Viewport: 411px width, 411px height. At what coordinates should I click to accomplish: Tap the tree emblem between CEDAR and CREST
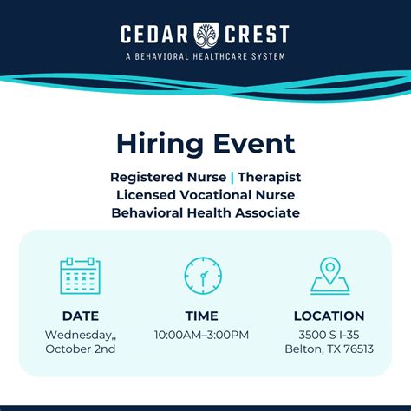coord(205,35)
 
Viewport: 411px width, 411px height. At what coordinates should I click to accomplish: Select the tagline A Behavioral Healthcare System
coord(205,56)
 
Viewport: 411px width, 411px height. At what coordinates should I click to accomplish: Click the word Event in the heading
coord(252,143)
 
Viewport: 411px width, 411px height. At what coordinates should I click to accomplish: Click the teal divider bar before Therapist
coord(232,176)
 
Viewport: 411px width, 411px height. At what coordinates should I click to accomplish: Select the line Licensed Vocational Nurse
coord(205,194)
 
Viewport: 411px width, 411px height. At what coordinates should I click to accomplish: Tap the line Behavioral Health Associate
coord(205,212)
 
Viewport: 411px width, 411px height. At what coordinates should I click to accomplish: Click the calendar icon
coord(80,275)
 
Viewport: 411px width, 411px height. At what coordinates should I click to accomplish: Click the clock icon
coord(203,275)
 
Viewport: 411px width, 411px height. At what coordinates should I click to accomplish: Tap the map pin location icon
coord(329,275)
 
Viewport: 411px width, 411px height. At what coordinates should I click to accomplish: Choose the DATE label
coord(80,316)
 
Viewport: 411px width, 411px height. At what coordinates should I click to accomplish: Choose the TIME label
coord(202,316)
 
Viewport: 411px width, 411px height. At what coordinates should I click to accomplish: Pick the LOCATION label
coord(329,316)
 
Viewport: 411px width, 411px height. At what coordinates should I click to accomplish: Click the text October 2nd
coord(80,349)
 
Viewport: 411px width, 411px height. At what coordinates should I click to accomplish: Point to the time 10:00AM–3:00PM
coord(202,334)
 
